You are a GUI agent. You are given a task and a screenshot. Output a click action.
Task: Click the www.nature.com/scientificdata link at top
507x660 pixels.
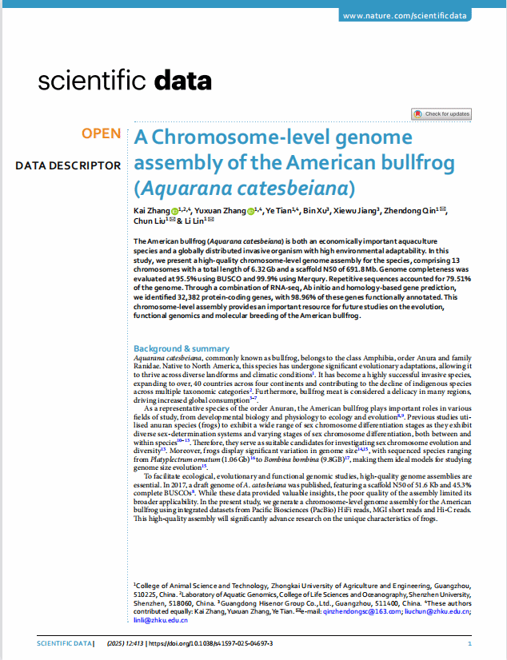pos(405,16)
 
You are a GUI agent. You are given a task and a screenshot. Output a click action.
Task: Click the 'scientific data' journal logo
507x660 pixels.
pos(125,81)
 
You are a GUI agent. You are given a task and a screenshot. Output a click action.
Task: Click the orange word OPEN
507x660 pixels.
pos(101,133)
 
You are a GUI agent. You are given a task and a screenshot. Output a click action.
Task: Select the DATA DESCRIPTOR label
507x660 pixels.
pos(68,165)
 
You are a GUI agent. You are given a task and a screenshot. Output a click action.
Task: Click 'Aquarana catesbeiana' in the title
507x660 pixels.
pos(244,189)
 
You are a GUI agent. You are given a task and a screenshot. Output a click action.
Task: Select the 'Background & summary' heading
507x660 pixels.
pos(182,348)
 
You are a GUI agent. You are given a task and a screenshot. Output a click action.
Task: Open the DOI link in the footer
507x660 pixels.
pos(211,643)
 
